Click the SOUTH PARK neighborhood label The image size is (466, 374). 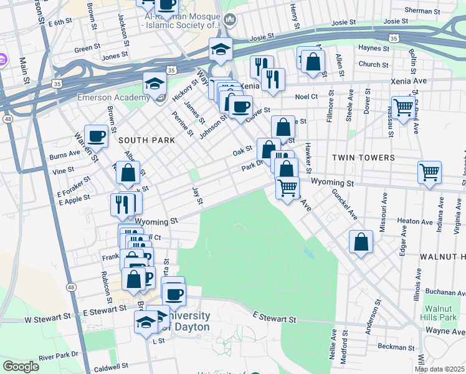[146, 140]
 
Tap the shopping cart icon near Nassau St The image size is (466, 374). [404, 108]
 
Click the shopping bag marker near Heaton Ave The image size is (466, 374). [361, 242]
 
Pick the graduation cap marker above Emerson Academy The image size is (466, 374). [155, 84]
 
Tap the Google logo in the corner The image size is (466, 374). [21, 367]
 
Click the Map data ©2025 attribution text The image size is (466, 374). [439, 369]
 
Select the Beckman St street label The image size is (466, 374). [394, 347]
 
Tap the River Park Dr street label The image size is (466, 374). [58, 355]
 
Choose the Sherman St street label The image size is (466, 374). [422, 11]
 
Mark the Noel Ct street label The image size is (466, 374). [306, 97]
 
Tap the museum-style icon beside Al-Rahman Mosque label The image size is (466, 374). [229, 19]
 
